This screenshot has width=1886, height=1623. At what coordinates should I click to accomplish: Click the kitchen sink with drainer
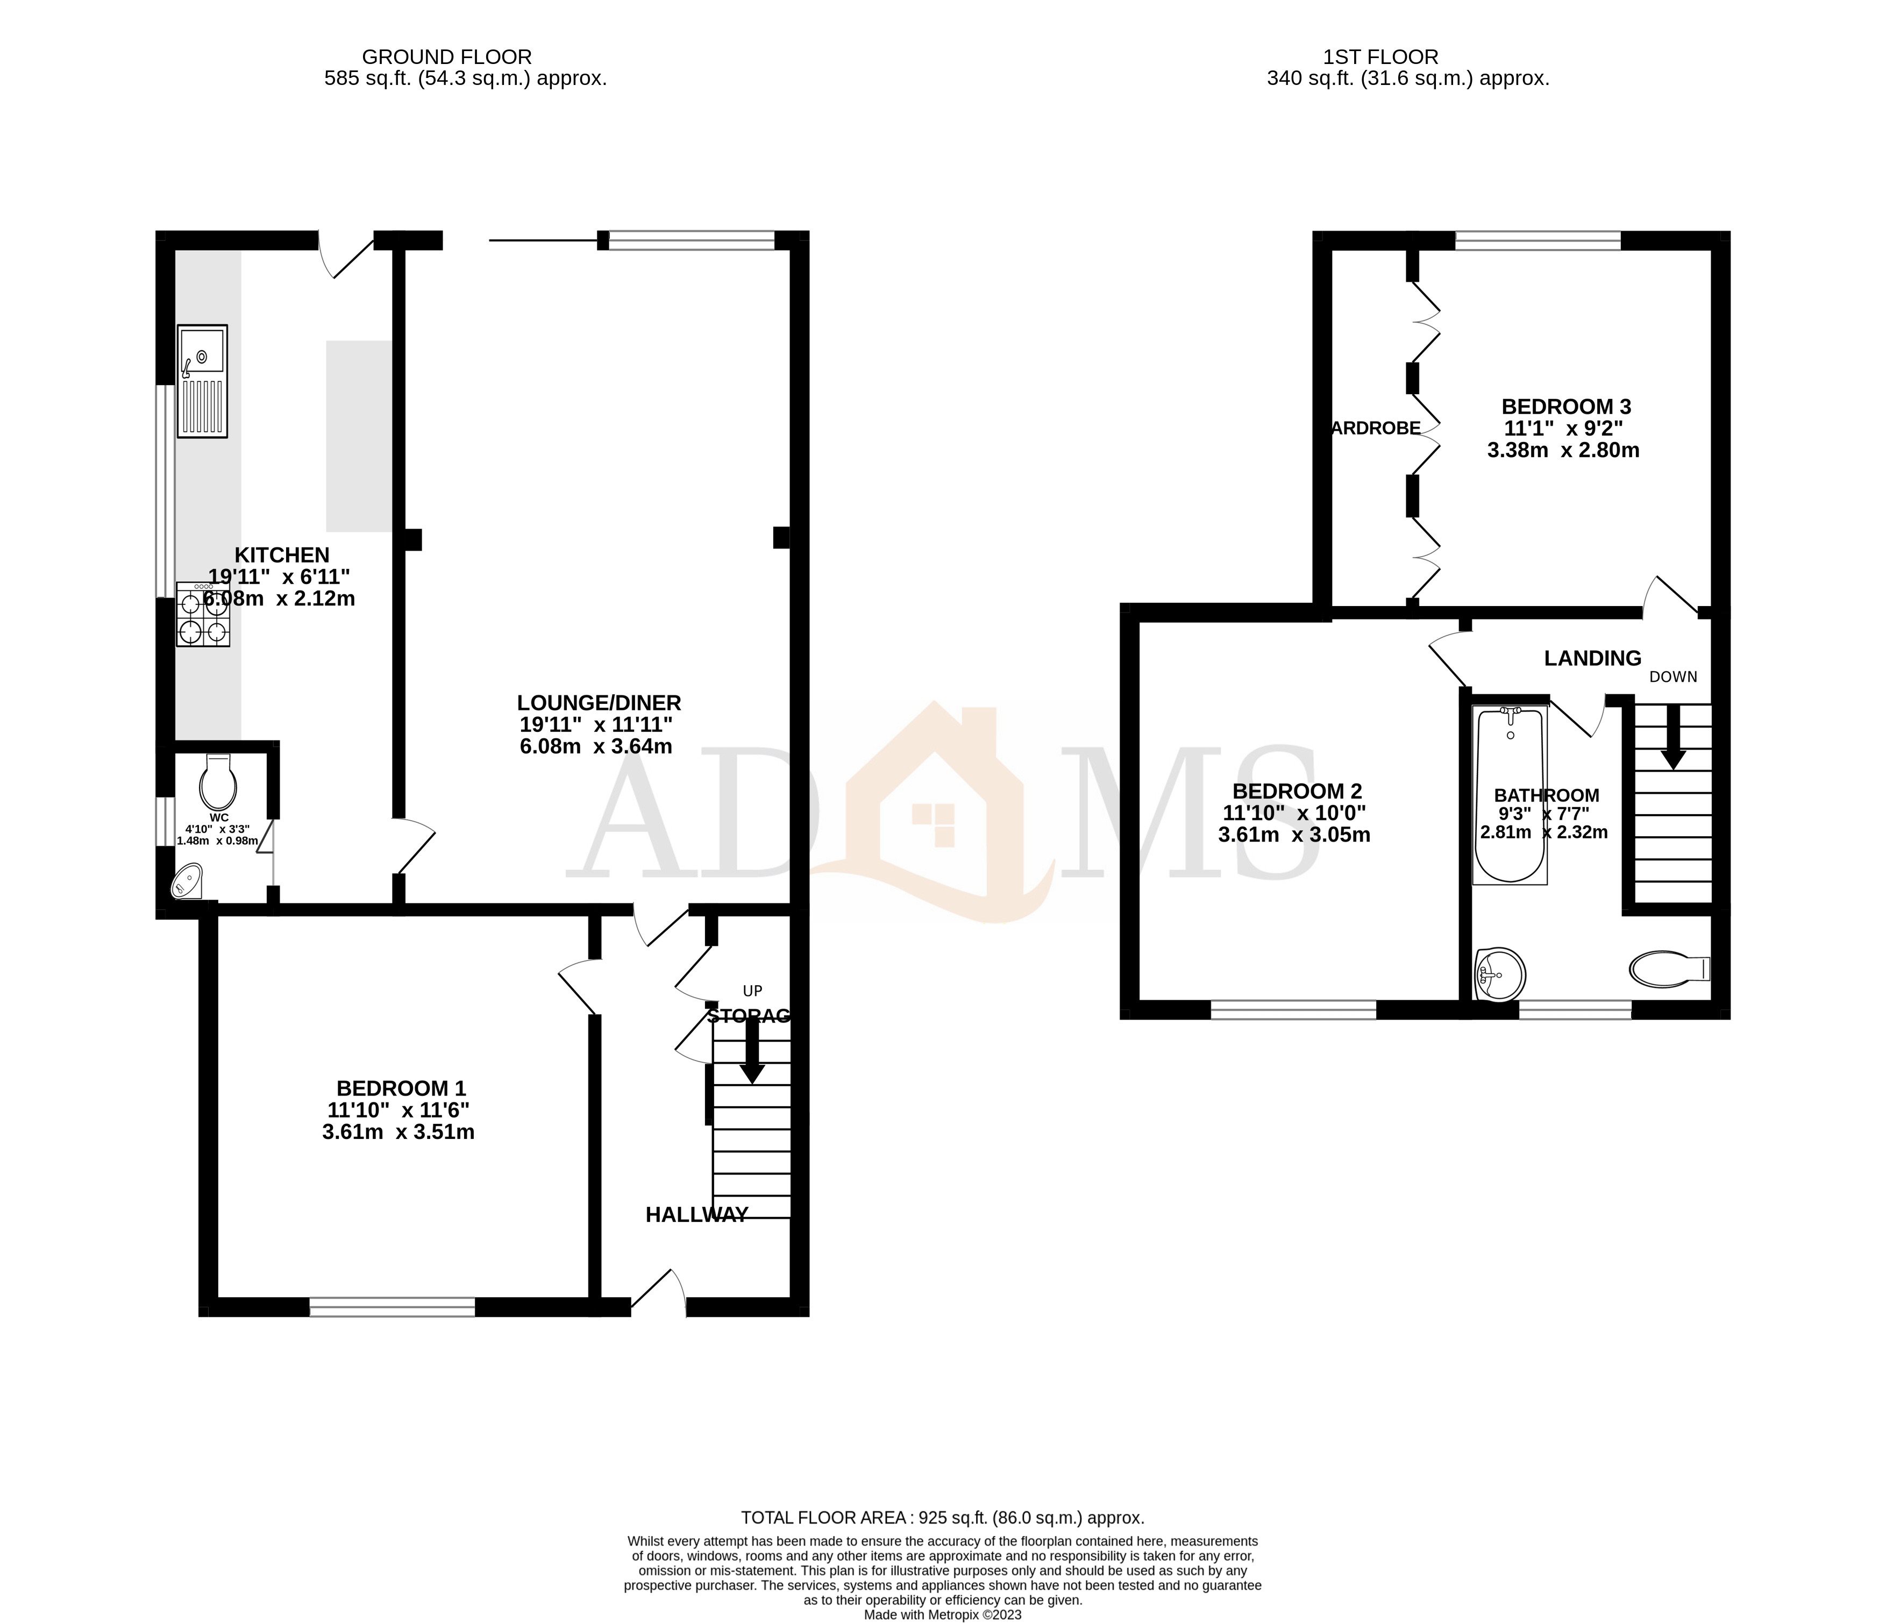coord(202,381)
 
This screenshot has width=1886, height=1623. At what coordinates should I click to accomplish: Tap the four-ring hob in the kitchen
coord(203,615)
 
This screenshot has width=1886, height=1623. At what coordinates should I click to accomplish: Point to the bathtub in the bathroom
coord(1510,795)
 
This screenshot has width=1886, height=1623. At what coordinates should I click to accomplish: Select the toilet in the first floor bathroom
coord(1668,970)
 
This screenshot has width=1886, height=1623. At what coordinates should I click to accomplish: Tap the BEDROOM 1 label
coord(401,1088)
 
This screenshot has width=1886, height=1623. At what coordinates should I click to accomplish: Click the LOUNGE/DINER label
coord(599,703)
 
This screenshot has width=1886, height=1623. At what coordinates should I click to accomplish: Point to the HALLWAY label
coord(696,1214)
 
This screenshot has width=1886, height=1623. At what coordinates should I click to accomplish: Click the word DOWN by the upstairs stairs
coord(1673,677)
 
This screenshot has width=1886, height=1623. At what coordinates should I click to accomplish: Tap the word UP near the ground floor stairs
coord(752,991)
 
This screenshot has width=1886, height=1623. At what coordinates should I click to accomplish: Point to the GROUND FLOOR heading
coord(447,58)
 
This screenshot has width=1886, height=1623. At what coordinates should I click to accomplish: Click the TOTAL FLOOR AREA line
coord(942,1518)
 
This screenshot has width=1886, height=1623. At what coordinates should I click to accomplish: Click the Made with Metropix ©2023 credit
coord(942,1615)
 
